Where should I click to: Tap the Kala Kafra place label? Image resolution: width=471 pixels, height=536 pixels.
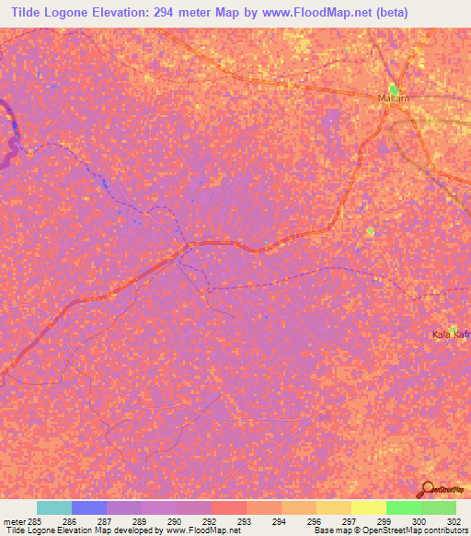(x=451, y=333)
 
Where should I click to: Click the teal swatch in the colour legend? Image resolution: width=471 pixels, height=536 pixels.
(x=53, y=507)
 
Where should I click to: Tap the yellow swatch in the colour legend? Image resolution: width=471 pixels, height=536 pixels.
(x=368, y=507)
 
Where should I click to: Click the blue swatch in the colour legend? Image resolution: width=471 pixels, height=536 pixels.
(x=88, y=507)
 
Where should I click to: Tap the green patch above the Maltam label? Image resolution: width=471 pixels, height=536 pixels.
(x=394, y=87)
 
